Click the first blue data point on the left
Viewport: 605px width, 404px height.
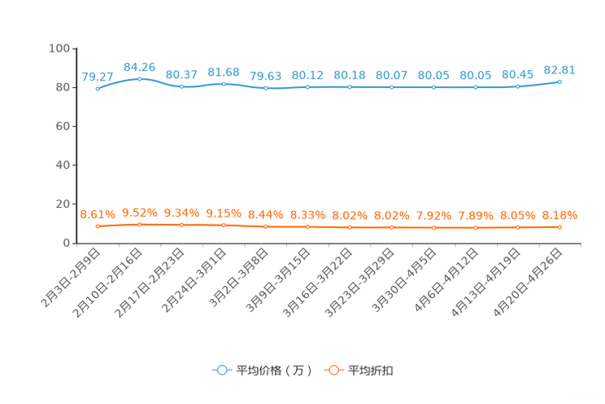[x=98, y=88]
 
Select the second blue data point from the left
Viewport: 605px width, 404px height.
[x=140, y=78]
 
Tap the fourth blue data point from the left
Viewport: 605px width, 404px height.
[x=224, y=83]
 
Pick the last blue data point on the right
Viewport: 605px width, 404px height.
[x=559, y=81]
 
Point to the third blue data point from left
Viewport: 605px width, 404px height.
[x=181, y=86]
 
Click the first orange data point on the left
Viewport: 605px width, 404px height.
[x=98, y=226]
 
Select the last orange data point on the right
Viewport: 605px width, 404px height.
[x=559, y=227]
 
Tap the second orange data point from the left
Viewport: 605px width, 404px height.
[x=140, y=224]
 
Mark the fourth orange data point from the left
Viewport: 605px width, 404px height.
[x=224, y=225]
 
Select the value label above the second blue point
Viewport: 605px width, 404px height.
[x=140, y=66]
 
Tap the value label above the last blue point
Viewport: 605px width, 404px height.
[x=559, y=69]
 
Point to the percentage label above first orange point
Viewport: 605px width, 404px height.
[x=98, y=214]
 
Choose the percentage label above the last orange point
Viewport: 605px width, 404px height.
[x=559, y=216]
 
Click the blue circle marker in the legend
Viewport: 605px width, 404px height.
[x=221, y=370]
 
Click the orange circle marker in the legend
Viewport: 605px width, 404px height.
[x=333, y=370]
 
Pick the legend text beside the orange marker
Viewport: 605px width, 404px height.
[x=372, y=371]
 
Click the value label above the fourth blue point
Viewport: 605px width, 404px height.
[x=224, y=72]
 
